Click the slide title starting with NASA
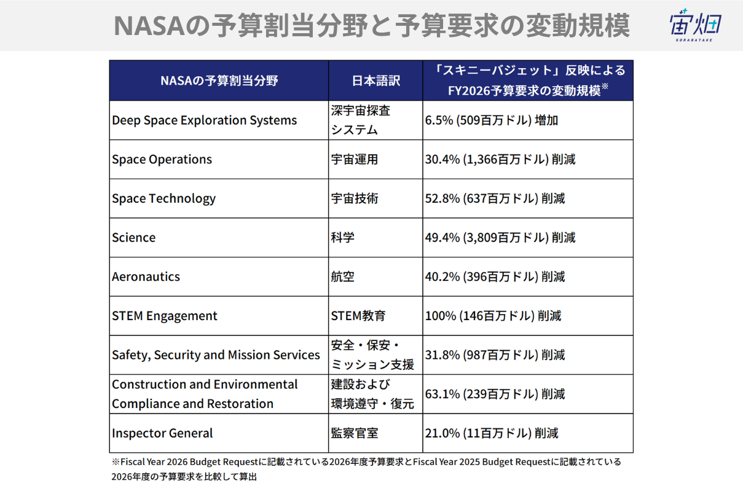[371, 26]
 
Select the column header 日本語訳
[375, 80]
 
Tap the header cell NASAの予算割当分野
[219, 80]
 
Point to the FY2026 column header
[528, 80]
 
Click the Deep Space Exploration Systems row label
[204, 120]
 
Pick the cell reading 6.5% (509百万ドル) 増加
[492, 120]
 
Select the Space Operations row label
[162, 160]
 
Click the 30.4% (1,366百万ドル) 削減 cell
[500, 160]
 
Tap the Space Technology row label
[163, 198]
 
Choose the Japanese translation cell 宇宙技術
[355, 198]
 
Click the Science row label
[134, 238]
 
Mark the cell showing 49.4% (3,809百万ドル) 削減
[500, 238]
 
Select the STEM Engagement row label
[165, 316]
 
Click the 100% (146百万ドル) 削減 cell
[493, 316]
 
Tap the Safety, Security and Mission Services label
[216, 355]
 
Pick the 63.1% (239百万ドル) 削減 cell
[495, 394]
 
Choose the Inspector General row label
[162, 433]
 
